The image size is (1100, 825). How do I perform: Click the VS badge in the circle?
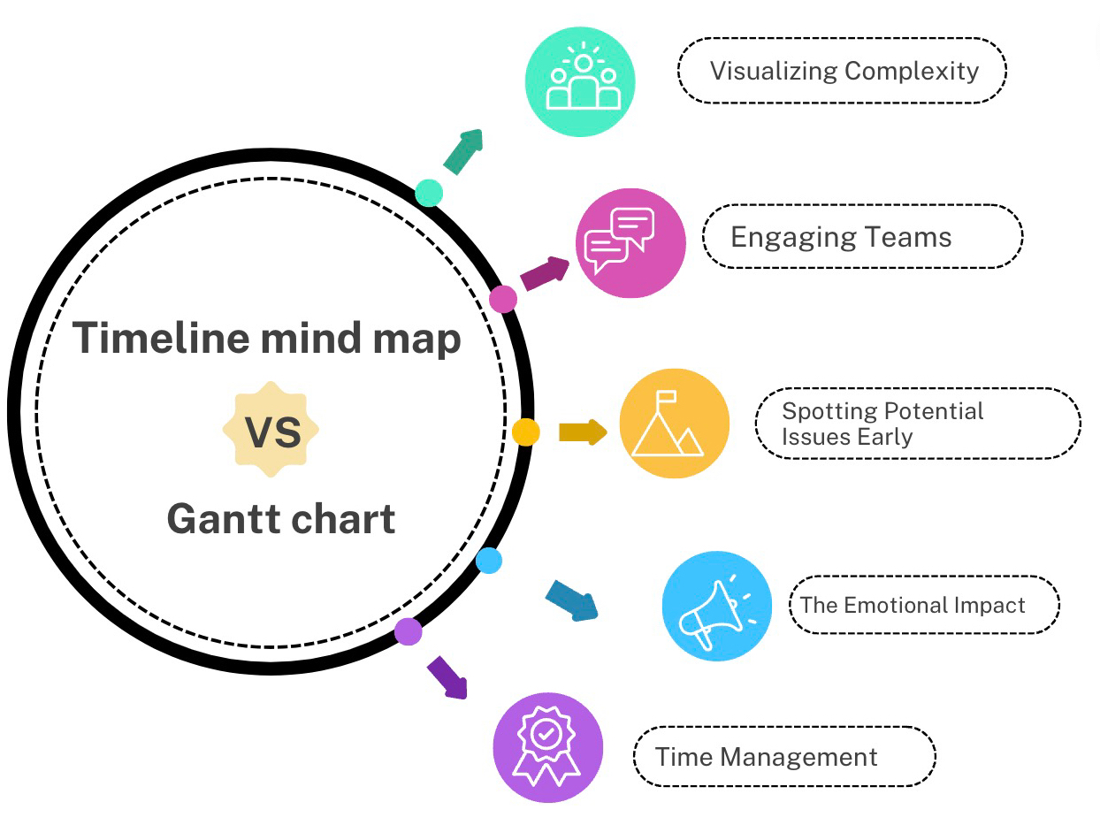coord(271,431)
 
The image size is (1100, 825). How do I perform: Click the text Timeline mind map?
coord(267,338)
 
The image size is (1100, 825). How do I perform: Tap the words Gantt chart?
coord(281,519)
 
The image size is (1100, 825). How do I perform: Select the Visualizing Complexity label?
coord(843,71)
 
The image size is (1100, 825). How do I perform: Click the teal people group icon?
coord(581,81)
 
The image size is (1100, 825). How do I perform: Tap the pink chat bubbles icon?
coord(630,243)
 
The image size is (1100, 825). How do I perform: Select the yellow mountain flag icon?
coord(674,424)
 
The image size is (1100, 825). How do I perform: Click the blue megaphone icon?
coord(716,607)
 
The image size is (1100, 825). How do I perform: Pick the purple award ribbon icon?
coord(547,747)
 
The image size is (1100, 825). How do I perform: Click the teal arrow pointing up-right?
coord(464,151)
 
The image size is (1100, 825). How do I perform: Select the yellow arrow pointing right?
coord(583,432)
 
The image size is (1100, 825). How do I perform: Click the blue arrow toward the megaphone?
coord(571,600)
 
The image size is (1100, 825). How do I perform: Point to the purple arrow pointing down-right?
coord(447,678)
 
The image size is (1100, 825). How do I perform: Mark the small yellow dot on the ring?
coord(525,432)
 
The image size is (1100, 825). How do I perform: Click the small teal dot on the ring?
coord(429,193)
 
